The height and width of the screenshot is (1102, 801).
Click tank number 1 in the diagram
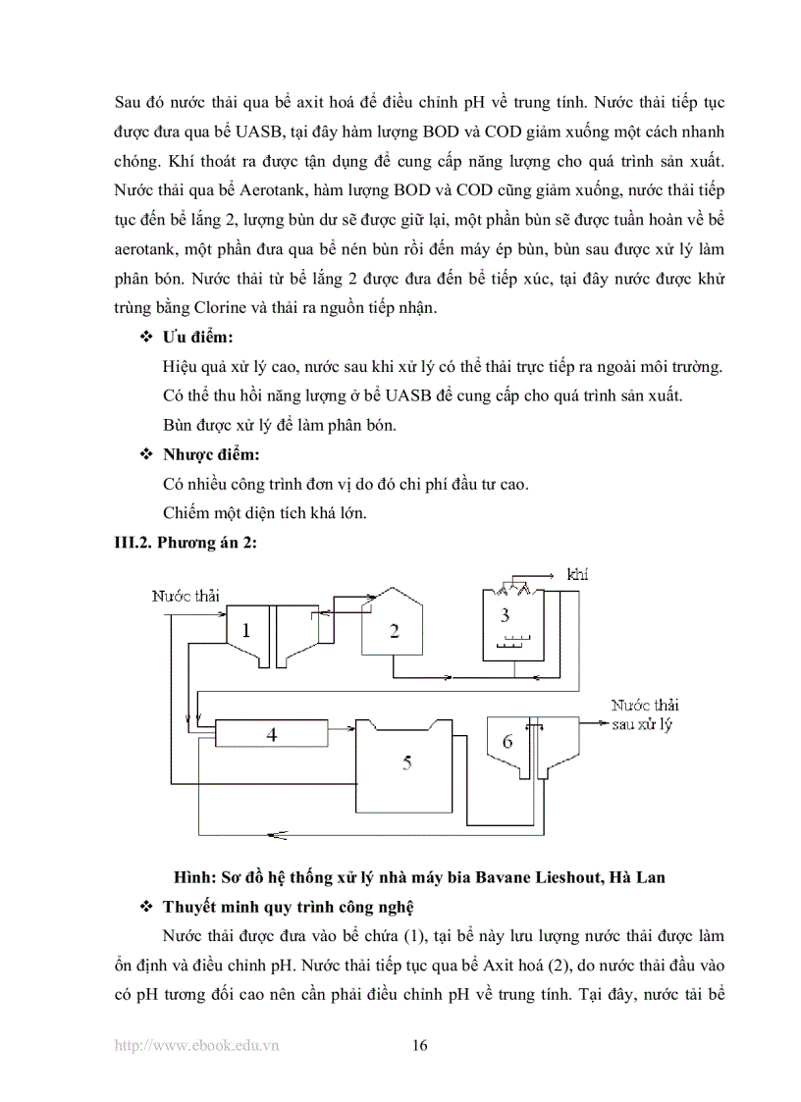pyautogui.click(x=245, y=631)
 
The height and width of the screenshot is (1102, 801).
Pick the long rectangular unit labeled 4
pyautogui.click(x=272, y=733)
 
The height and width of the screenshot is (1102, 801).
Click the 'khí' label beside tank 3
pyautogui.click(x=578, y=574)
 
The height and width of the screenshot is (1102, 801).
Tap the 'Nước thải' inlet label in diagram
pyautogui.click(x=186, y=596)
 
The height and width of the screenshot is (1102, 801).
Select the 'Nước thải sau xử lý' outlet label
pyautogui.click(x=644, y=714)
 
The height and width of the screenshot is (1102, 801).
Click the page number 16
pyautogui.click(x=419, y=1045)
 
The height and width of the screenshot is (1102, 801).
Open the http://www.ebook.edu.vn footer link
pyautogui.click(x=196, y=1046)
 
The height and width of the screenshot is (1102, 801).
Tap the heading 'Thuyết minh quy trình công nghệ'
pyautogui.click(x=289, y=904)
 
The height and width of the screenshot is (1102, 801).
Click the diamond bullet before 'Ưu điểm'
pyautogui.click(x=147, y=338)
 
